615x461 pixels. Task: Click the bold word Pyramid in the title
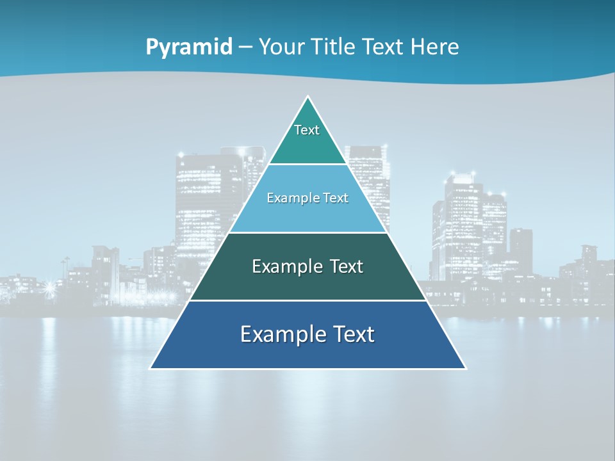click(x=189, y=47)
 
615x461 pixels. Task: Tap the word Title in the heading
click(x=336, y=47)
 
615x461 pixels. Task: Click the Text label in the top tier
click(x=307, y=130)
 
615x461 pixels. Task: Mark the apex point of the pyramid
click(x=308, y=97)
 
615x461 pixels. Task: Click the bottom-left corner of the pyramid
click(x=151, y=368)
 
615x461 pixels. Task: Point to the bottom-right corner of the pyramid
click(x=466, y=368)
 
